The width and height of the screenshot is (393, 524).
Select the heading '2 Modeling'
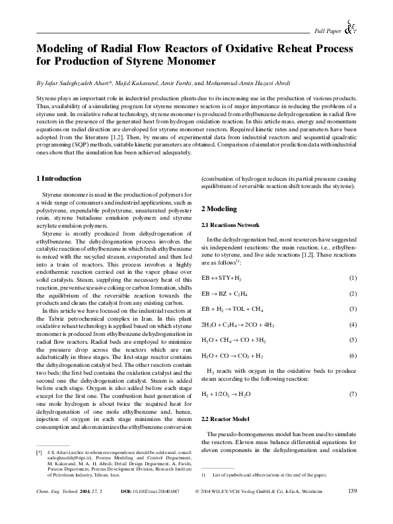coord(218,209)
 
